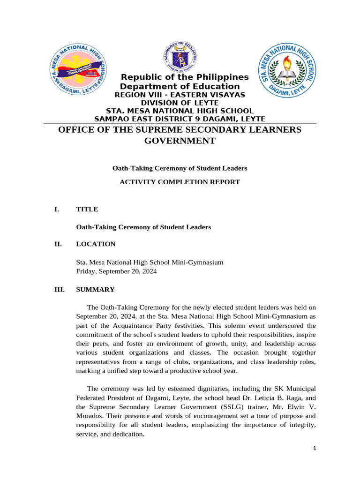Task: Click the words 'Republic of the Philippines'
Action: (185, 77)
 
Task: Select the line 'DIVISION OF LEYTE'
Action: (180, 103)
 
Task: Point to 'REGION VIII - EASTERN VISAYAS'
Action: (180, 95)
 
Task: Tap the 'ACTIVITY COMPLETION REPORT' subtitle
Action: (180, 182)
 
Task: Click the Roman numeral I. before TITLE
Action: (57, 210)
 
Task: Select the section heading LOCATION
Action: (96, 244)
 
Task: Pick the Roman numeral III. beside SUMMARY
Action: (60, 290)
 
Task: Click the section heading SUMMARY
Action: (95, 290)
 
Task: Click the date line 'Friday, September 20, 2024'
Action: (116, 271)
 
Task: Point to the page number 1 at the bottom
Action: (315, 449)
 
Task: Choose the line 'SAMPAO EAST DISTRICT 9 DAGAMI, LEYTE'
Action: (180, 119)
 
